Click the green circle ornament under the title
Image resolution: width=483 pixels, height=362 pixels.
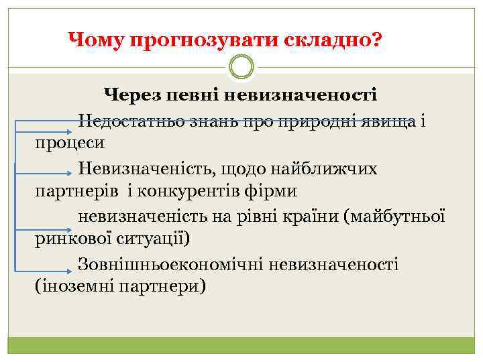[241, 67]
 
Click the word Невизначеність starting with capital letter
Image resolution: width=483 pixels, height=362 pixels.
[144, 169]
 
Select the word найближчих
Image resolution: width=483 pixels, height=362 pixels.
[323, 169]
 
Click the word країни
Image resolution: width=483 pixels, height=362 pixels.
[307, 217]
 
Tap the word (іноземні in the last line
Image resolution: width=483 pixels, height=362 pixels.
[74, 286]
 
